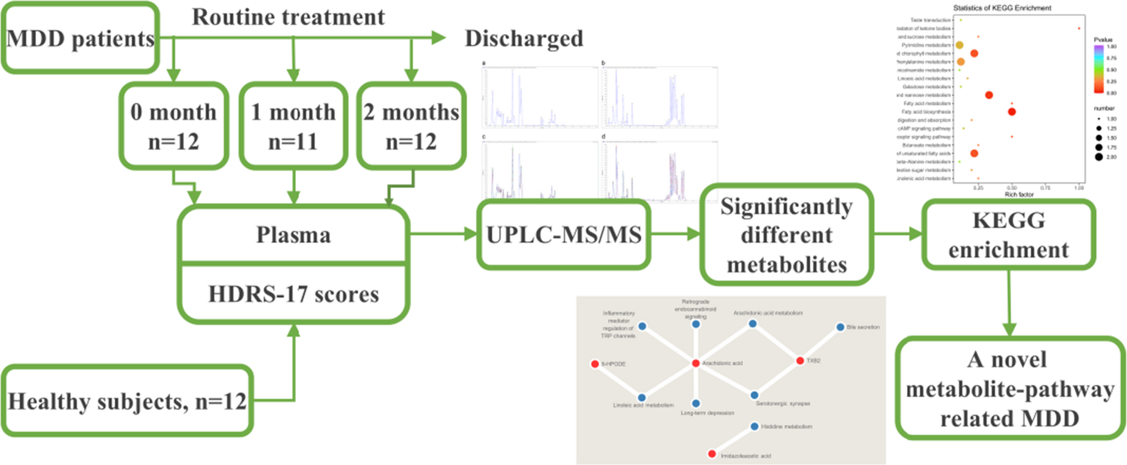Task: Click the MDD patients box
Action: [x=80, y=38]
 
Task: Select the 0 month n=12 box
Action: [x=173, y=126]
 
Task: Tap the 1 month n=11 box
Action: [x=293, y=126]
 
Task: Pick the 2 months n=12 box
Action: [x=411, y=126]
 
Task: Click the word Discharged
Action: [x=523, y=39]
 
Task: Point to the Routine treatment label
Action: [x=288, y=17]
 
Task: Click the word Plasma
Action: [x=293, y=235]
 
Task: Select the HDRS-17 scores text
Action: [x=293, y=294]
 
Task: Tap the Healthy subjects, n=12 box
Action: [x=127, y=401]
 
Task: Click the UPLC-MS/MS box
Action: [x=563, y=235]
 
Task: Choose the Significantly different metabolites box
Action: [x=786, y=235]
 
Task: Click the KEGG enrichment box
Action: [x=1008, y=235]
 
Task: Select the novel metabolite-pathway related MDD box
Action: [x=1010, y=388]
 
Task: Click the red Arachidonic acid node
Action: [x=696, y=363]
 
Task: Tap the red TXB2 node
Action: [x=800, y=360]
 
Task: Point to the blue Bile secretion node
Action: [x=840, y=327]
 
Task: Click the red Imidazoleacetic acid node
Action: [x=712, y=453]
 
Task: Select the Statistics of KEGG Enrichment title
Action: [x=1002, y=8]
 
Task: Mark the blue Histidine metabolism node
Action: [x=754, y=426]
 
